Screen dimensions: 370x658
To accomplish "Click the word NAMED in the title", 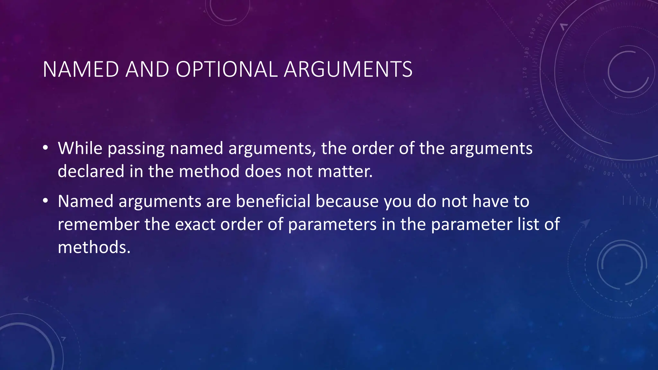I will [81, 69].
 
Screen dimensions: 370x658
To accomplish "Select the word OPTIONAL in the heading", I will [227, 69].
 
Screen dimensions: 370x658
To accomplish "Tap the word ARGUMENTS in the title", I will [348, 69].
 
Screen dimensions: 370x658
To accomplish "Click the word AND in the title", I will [147, 69].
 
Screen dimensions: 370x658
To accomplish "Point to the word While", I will [80, 148].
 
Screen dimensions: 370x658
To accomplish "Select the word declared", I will [91, 171].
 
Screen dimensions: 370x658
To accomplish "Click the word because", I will [347, 201].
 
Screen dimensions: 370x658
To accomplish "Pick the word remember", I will [98, 224].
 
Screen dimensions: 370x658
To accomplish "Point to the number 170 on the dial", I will [525, 73].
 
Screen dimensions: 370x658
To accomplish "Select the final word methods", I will [94, 247].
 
